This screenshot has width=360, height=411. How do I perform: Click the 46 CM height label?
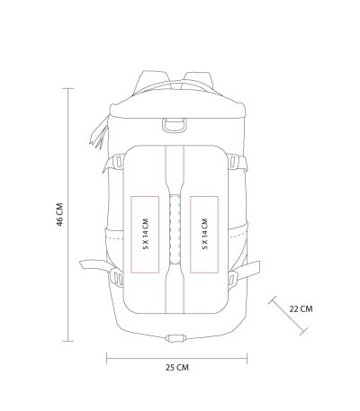point(60,215)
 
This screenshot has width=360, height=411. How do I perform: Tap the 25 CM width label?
point(177,367)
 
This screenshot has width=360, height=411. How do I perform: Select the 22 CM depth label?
point(301,308)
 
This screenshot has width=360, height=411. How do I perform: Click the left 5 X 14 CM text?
point(146,234)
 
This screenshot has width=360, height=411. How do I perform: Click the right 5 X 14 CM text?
point(205,234)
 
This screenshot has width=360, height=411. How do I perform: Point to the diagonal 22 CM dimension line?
point(288,316)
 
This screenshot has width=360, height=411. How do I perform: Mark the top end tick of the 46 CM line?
point(68,88)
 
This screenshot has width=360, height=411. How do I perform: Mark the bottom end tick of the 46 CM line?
point(68,341)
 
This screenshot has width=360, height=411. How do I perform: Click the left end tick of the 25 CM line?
point(107,358)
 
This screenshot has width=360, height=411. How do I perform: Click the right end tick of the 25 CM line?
point(247,358)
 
